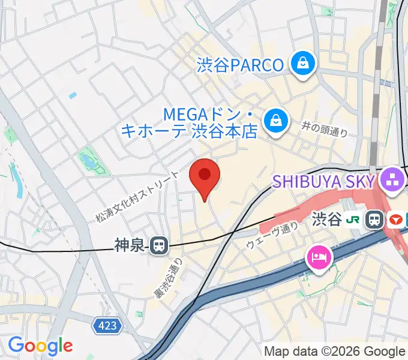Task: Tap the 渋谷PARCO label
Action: (x=240, y=64)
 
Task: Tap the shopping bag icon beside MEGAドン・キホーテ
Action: (x=277, y=120)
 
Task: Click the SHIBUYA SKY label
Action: (x=325, y=180)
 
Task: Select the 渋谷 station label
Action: (x=326, y=220)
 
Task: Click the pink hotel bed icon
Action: (x=319, y=259)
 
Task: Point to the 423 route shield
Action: (x=108, y=326)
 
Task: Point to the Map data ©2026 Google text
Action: (x=334, y=351)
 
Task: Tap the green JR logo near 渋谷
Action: (x=355, y=220)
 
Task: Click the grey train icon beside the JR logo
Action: (x=376, y=220)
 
